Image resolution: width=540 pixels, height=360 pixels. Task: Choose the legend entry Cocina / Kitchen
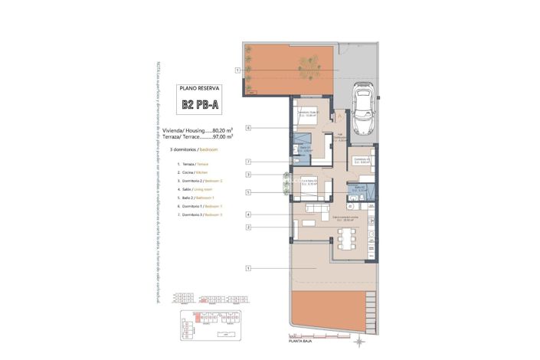pos(194,172)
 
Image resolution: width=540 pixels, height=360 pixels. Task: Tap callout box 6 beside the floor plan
pos(249,127)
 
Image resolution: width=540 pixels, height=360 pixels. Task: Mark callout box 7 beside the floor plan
pos(249,162)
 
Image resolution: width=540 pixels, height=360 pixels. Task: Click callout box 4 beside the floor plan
pos(249,214)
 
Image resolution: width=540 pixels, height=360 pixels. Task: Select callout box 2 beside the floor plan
pos(249,227)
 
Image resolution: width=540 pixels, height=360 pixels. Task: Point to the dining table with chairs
pos(349,239)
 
